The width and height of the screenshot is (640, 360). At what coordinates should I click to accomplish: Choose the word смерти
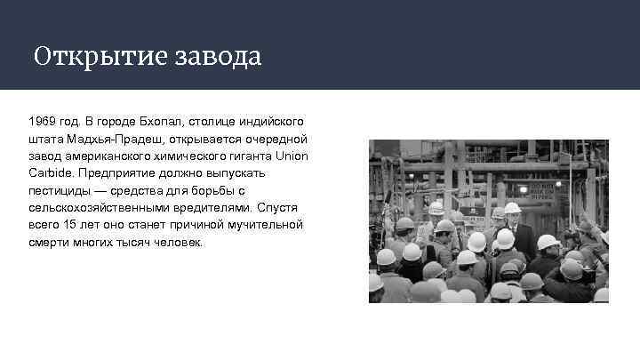(x=48, y=242)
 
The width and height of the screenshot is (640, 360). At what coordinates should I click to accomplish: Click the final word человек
(x=178, y=242)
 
